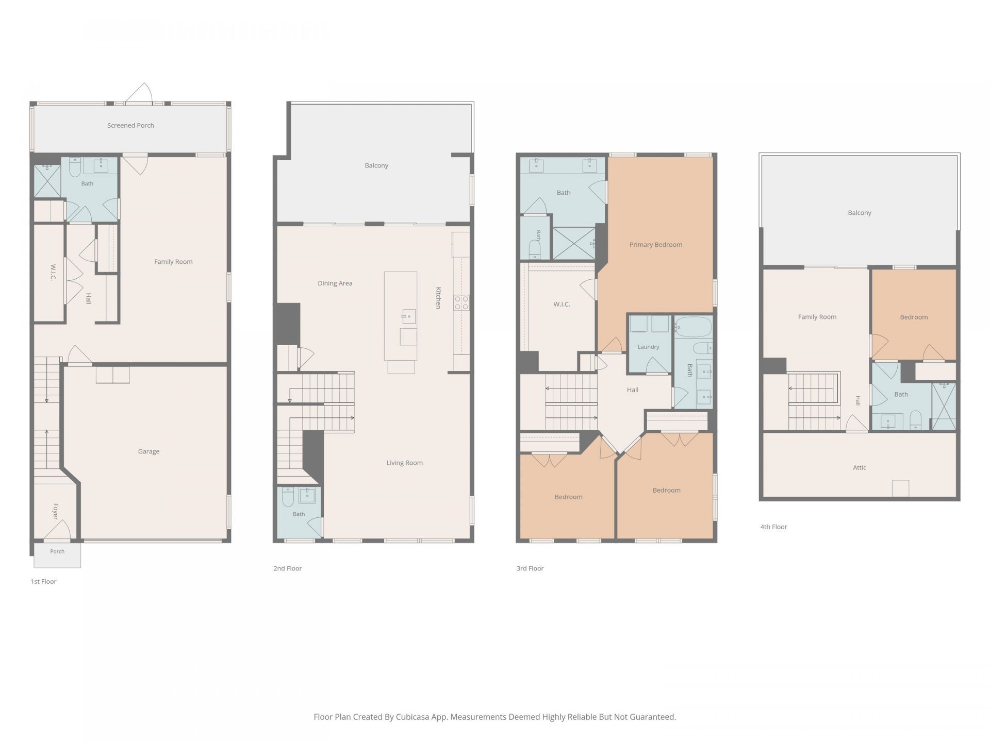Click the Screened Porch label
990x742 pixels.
(x=130, y=125)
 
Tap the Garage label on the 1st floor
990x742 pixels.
(x=148, y=451)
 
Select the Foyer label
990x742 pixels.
(x=56, y=511)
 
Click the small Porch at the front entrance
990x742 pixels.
(x=57, y=555)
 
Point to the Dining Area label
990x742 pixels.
(x=335, y=283)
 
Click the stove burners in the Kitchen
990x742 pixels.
(x=461, y=302)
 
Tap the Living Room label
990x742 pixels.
(x=405, y=463)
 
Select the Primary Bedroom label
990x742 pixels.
(x=656, y=244)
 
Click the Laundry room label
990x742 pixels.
(x=648, y=347)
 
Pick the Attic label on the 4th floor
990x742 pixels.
(x=860, y=467)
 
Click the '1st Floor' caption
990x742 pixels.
(x=43, y=581)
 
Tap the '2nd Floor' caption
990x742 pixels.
(x=288, y=568)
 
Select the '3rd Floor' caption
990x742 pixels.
(x=530, y=568)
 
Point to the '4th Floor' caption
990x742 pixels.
(x=773, y=527)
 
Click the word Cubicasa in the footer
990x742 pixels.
(x=415, y=717)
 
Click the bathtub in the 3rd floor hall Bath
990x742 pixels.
(x=693, y=327)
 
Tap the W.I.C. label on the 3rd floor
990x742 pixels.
(x=562, y=304)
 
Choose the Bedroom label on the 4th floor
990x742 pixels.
(x=914, y=317)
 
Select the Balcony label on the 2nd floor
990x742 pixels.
(x=376, y=165)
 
